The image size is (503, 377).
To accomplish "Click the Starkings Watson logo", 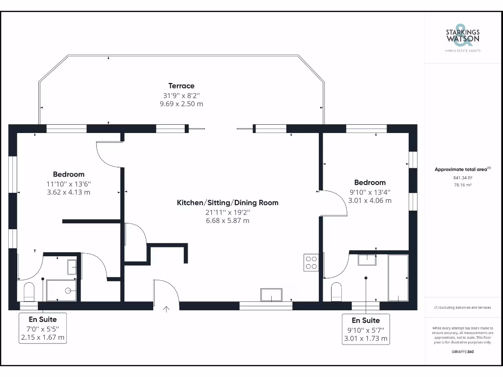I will tap(462, 37).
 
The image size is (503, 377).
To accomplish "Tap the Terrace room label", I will tap(181, 86).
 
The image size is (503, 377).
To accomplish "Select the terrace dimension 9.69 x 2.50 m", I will tap(181, 104).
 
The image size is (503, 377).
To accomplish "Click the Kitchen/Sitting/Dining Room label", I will tap(227, 203).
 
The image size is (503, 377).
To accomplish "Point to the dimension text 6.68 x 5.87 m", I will tap(227, 221).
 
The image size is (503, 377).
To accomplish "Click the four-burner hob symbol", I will tap(310, 262).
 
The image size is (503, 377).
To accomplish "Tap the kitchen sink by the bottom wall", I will tap(271, 295).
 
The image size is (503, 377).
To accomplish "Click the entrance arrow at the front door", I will tap(166, 309).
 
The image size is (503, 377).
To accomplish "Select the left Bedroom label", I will tap(69, 174).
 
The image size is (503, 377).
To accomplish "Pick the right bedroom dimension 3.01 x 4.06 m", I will tap(370, 201).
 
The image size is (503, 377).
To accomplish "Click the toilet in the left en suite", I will tap(29, 291).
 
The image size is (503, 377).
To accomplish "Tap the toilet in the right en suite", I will tap(336, 292).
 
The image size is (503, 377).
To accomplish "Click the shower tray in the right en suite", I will tap(398, 277).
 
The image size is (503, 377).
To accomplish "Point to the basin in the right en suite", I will tap(366, 260).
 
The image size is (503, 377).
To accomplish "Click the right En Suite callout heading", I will tap(366, 320).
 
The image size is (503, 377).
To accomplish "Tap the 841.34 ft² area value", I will tap(462, 178).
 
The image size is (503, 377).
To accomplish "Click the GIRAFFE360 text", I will tap(462, 351).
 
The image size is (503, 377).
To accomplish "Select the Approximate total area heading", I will tap(462, 169).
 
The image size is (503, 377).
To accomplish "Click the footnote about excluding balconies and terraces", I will tap(462, 308).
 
